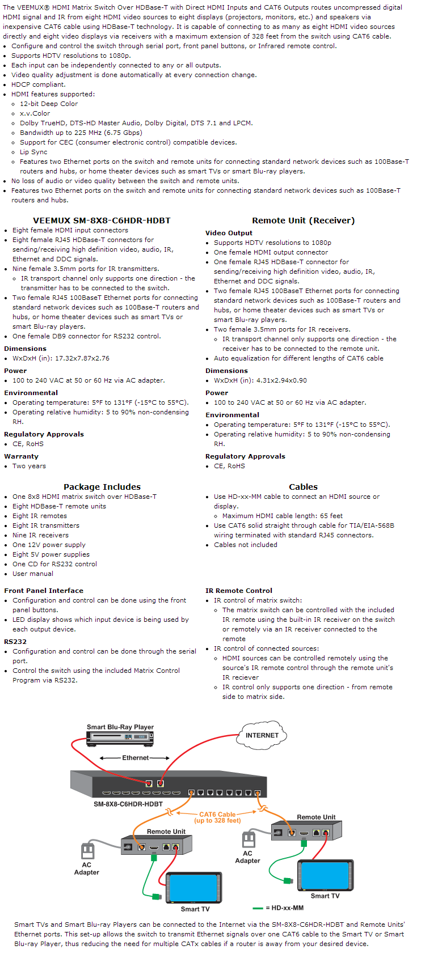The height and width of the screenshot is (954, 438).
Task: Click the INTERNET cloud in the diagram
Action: (x=262, y=735)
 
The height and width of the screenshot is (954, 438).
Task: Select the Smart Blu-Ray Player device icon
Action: (x=120, y=737)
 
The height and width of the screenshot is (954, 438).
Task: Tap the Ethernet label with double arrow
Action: (x=135, y=758)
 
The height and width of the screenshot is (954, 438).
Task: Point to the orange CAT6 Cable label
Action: (x=217, y=817)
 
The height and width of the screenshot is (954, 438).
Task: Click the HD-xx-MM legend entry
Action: (x=284, y=908)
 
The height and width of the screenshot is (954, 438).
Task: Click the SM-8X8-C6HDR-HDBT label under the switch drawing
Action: (x=128, y=804)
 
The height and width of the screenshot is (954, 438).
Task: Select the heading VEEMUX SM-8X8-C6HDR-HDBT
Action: (x=102, y=221)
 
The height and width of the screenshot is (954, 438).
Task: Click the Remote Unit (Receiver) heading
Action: (x=303, y=221)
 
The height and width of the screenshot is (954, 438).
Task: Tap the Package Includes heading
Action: (x=102, y=487)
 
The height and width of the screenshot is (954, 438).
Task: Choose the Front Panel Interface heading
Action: (x=44, y=591)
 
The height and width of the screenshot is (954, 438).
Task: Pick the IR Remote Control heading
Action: (x=239, y=591)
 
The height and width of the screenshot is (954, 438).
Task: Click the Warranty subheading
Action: (x=22, y=456)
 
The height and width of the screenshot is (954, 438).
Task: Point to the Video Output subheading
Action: (x=229, y=233)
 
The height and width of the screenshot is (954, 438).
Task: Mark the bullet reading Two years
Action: (x=30, y=466)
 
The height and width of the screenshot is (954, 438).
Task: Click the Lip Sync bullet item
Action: (x=33, y=152)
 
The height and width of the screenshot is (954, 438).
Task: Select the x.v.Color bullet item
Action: (x=35, y=113)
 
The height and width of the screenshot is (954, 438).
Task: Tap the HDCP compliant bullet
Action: (x=39, y=84)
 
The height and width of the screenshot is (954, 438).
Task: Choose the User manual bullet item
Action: (x=33, y=574)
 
